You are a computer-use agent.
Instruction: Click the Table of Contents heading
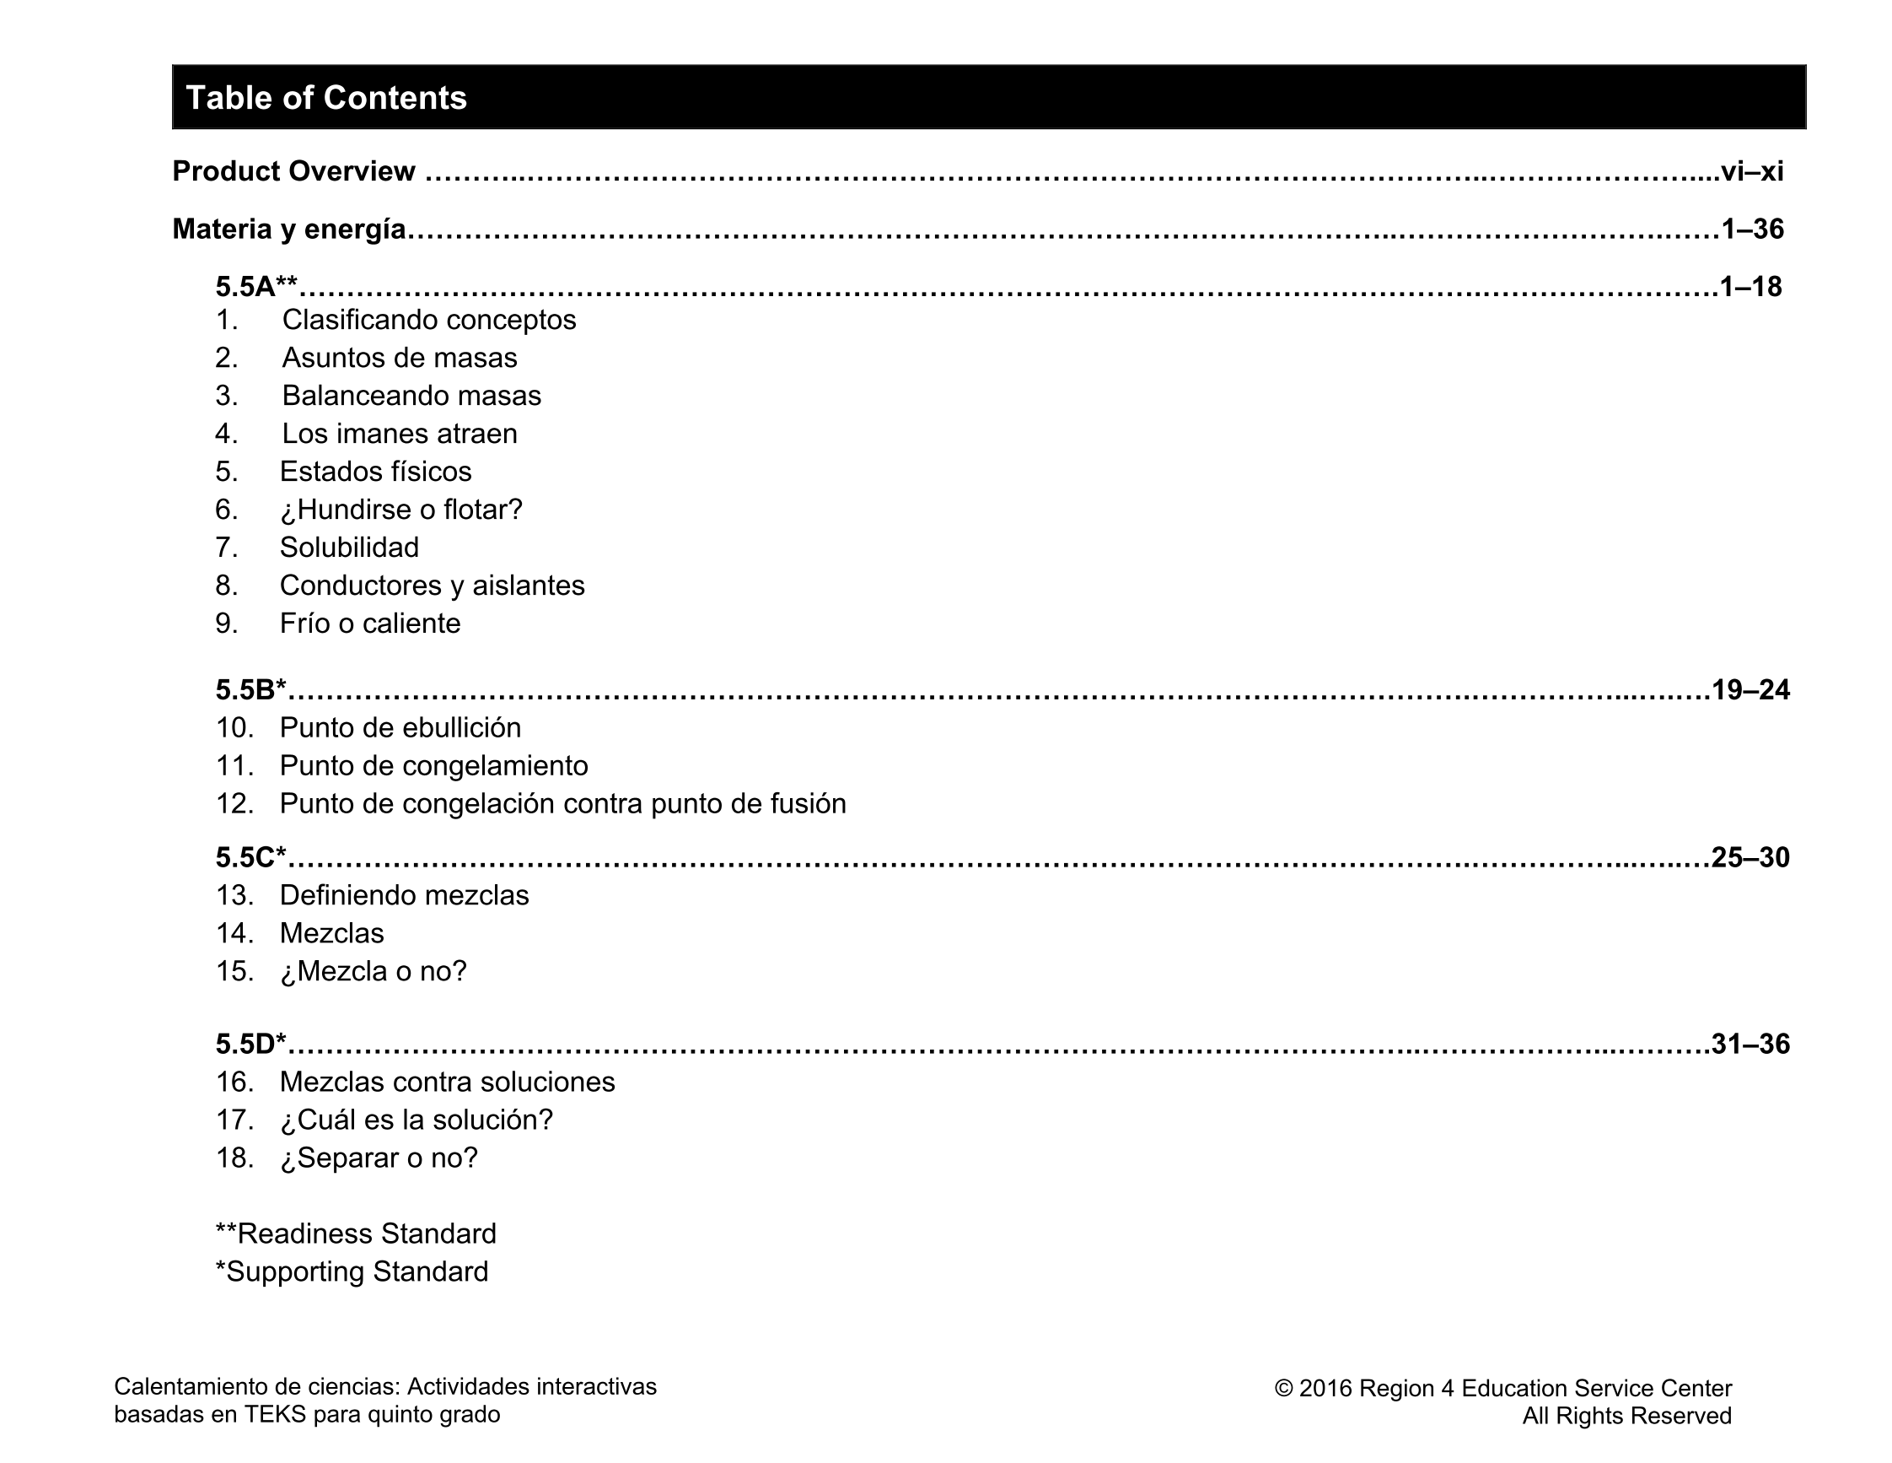325,98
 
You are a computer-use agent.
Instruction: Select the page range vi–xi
1752,171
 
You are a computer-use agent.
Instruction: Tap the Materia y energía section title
289,229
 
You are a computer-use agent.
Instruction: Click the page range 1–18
1751,286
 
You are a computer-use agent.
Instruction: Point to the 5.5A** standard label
256,286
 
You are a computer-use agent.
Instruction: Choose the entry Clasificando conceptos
429,320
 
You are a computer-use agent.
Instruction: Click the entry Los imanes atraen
400,434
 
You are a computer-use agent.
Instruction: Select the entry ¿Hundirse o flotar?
401,510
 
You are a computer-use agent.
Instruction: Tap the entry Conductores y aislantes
432,586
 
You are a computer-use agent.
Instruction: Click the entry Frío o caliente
370,624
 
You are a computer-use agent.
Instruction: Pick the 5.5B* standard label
251,690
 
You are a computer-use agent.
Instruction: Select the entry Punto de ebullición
400,728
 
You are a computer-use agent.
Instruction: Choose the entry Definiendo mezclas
404,895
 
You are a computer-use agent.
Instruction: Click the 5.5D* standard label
251,1045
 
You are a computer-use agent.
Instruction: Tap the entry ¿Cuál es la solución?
416,1120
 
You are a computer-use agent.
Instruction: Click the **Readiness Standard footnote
356,1234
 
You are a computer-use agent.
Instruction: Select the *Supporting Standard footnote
352,1271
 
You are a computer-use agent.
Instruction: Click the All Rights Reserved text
1627,1416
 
